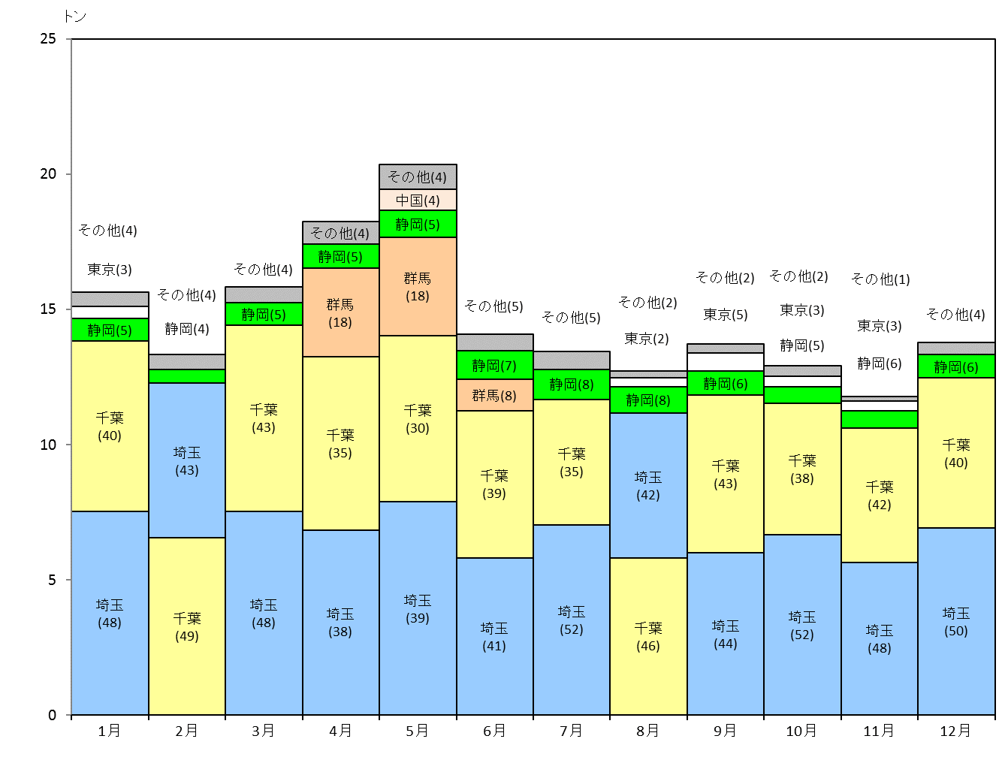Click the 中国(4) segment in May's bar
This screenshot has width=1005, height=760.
[x=417, y=200]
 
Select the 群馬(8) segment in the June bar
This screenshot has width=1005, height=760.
[x=494, y=395]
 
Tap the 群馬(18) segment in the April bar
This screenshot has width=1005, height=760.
[x=340, y=312]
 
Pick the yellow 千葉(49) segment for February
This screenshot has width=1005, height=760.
[x=187, y=626]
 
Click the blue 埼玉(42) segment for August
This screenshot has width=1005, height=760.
[x=648, y=485]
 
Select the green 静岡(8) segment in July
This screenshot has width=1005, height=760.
[x=572, y=385]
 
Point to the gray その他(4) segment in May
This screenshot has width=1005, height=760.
[x=417, y=176]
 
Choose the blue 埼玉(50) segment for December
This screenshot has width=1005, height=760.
[x=956, y=621]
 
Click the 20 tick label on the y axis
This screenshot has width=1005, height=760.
[x=48, y=174]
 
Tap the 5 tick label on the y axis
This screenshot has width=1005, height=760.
[x=52, y=580]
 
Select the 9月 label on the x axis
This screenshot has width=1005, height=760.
[x=725, y=731]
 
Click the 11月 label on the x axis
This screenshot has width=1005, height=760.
[x=879, y=731]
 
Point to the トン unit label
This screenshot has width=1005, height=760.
[x=74, y=17]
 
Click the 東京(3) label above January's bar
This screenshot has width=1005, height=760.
[x=110, y=270]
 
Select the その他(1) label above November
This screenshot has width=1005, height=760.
[x=880, y=279]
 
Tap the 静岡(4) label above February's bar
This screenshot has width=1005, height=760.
[x=187, y=328]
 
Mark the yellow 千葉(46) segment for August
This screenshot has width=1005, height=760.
[x=648, y=636]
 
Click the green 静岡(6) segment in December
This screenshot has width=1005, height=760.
[x=956, y=366]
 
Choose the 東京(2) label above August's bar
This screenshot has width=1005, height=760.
[x=647, y=339]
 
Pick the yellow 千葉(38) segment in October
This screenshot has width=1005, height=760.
[x=801, y=469]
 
